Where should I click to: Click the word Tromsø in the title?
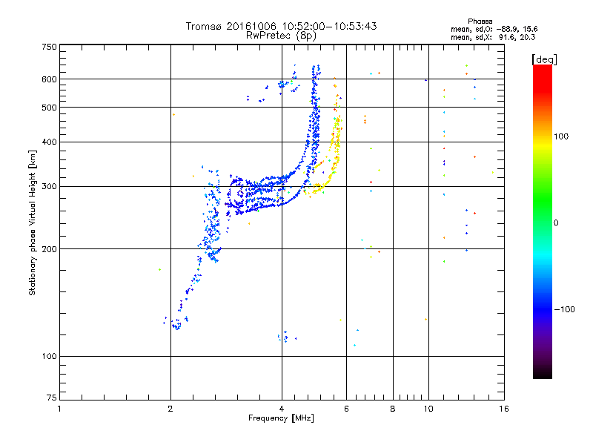point(202,26)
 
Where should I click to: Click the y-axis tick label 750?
point(49,47)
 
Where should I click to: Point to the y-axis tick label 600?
point(49,79)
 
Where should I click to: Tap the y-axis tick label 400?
point(49,142)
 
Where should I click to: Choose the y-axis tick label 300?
point(49,186)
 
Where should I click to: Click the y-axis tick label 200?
point(49,248)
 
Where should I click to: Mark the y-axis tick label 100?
point(49,356)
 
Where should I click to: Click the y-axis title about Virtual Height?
point(33,223)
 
